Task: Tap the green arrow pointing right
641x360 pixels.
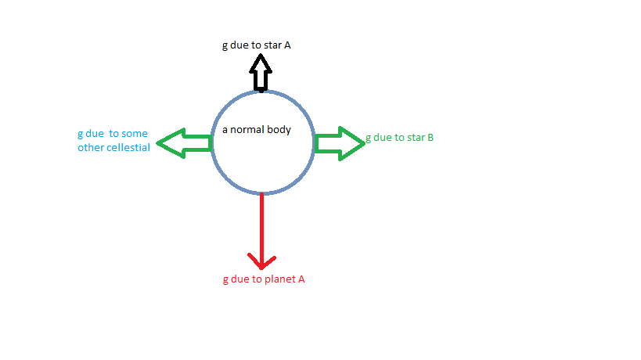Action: (x=340, y=143)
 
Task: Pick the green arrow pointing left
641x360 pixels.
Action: (x=185, y=143)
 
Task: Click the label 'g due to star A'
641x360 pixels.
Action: (x=257, y=45)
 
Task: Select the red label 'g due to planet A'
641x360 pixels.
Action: (x=264, y=279)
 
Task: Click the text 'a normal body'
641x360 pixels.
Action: (x=257, y=129)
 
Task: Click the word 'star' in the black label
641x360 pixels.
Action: (x=273, y=45)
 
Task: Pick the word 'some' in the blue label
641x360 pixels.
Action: (x=134, y=134)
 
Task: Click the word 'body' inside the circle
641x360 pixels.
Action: (x=279, y=129)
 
